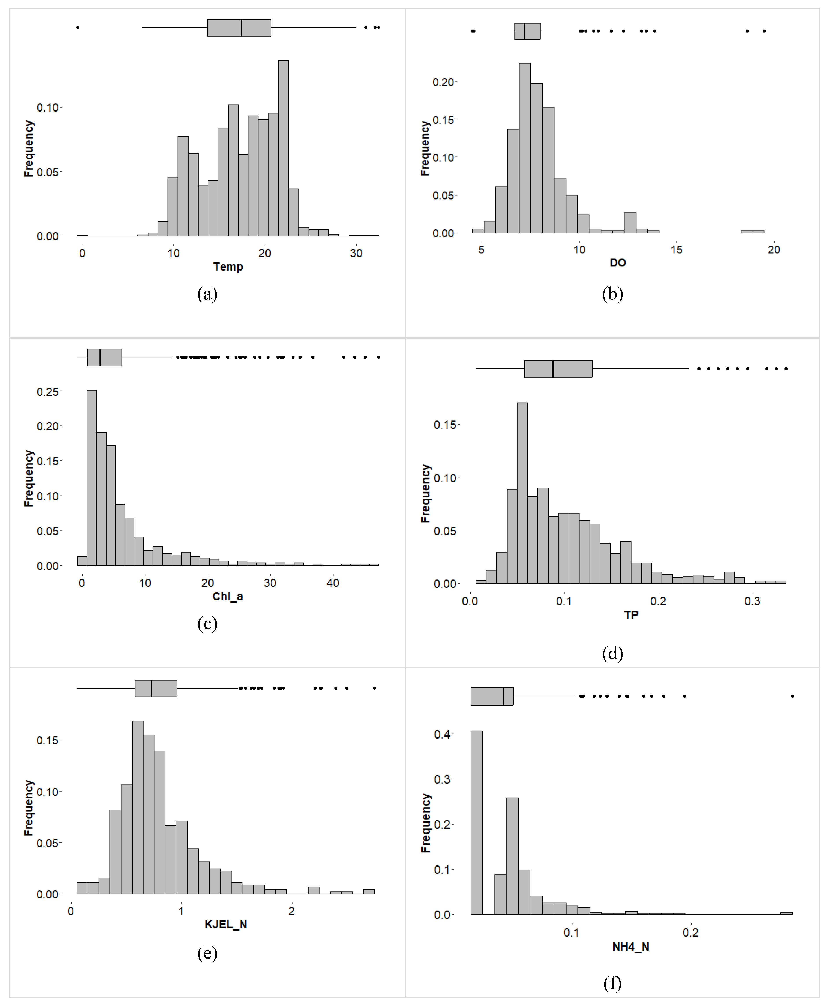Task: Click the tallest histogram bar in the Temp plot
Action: pyautogui.click(x=283, y=148)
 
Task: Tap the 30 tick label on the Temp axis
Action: pyautogui.click(x=356, y=253)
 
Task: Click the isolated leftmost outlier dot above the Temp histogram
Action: pyautogui.click(x=77, y=27)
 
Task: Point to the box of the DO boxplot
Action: pyautogui.click(x=527, y=31)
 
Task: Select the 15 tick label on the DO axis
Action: pyautogui.click(x=676, y=249)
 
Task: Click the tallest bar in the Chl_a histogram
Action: pyautogui.click(x=91, y=478)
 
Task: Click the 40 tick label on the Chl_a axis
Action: pyautogui.click(x=333, y=583)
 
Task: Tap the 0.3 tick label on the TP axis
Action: pyautogui.click(x=752, y=601)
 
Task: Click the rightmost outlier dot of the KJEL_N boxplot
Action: pyautogui.click(x=374, y=688)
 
